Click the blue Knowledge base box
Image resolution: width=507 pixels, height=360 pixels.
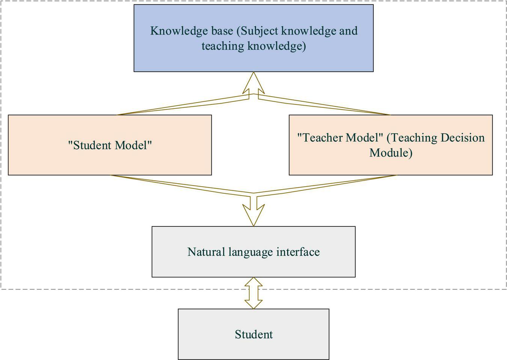tap(253, 60)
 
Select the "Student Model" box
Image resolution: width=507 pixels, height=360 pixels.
tap(110, 161)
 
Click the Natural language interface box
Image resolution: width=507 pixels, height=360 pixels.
tap(253, 267)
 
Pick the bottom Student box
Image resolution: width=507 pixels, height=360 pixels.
tap(253, 347)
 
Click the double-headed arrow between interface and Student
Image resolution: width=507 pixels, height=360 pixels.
tap(253, 293)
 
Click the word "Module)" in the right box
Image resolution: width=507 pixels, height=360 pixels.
tap(391, 153)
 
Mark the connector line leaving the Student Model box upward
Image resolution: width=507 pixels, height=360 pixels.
tap(180, 105)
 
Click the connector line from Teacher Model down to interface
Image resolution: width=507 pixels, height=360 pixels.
tap(327, 184)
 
